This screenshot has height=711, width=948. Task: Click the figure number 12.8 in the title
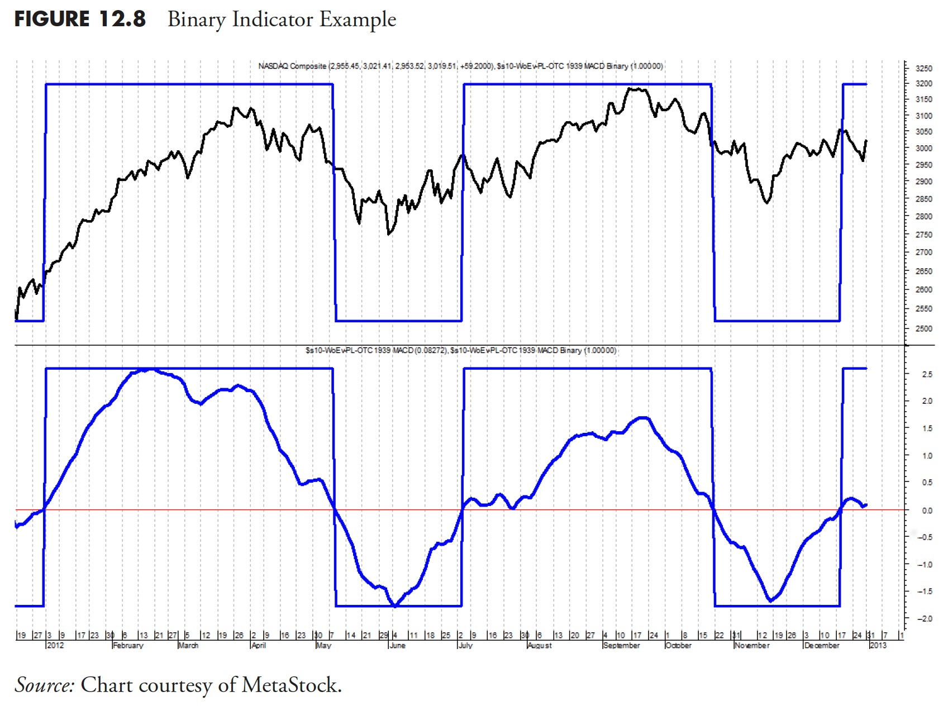pos(122,19)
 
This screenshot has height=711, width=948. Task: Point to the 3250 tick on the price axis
pos(924,68)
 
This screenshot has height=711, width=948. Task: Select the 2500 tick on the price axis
pos(924,328)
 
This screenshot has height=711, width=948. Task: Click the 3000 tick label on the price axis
pos(924,148)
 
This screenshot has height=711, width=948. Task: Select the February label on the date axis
pos(128,646)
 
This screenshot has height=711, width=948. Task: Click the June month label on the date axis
pos(397,646)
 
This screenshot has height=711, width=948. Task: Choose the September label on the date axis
pos(621,646)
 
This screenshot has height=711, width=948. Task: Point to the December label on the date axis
pos(822,646)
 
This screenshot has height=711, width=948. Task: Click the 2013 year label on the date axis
pos(878,646)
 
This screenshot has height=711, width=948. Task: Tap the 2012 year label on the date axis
pos(55,646)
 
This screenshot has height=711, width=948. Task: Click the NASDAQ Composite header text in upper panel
pos(292,66)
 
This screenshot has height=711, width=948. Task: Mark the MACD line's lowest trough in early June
pos(395,605)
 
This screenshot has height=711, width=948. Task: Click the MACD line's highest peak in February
pos(146,369)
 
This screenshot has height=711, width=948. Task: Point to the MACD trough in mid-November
pos(771,601)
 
